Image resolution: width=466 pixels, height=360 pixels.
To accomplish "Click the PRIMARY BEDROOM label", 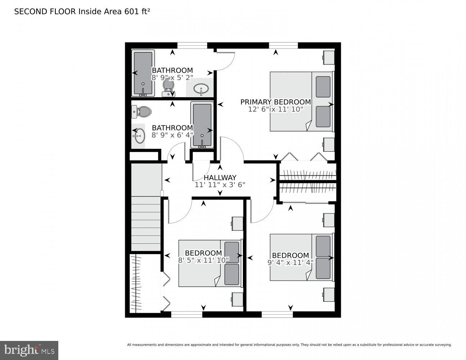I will click(x=275, y=102).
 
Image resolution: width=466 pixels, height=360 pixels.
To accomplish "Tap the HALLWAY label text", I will click(x=220, y=177).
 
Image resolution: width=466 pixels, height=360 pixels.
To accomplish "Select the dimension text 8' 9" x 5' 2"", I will click(x=172, y=77).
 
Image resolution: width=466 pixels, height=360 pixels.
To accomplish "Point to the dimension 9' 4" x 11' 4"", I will click(x=290, y=262).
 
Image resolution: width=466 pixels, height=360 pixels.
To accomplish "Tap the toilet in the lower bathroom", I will click(x=142, y=112).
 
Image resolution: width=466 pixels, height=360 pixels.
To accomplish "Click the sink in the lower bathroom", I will click(x=139, y=136).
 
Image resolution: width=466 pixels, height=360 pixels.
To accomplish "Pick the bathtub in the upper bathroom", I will click(x=143, y=73).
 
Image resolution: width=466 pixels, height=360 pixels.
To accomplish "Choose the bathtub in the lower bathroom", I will click(x=202, y=125).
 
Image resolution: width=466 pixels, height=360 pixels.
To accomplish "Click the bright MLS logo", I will click(x=29, y=350).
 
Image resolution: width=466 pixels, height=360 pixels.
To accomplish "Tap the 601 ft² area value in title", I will click(x=137, y=12).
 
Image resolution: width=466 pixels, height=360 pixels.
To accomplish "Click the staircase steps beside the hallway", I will click(x=146, y=223).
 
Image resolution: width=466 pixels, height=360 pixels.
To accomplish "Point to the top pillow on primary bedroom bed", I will click(x=323, y=87).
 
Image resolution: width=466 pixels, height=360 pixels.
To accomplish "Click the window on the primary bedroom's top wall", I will click(x=283, y=45).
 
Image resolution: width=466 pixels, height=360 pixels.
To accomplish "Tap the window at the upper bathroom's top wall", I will click(x=192, y=45).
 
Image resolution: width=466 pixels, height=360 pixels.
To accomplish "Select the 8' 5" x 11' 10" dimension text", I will click(x=203, y=260).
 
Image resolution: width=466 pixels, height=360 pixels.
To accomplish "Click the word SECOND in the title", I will click(x=27, y=12).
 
